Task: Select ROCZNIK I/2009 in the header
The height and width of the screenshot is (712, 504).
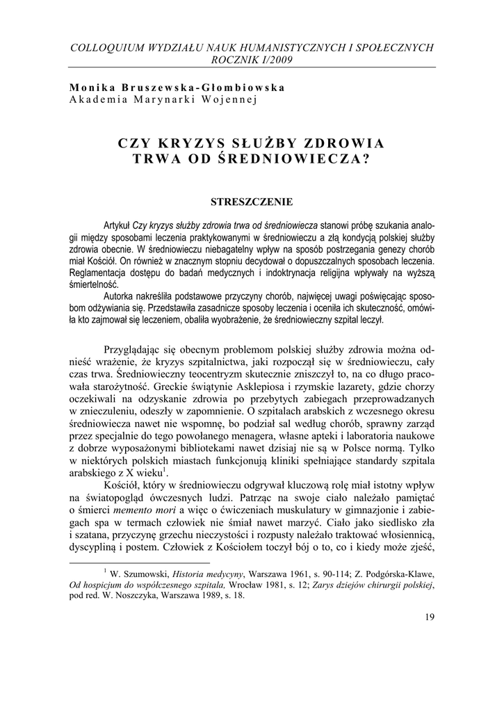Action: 252,60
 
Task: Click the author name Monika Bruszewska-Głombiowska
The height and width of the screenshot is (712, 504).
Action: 177,87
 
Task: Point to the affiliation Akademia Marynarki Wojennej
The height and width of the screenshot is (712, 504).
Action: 163,99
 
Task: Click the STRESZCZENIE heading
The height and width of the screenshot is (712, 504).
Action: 252,202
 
